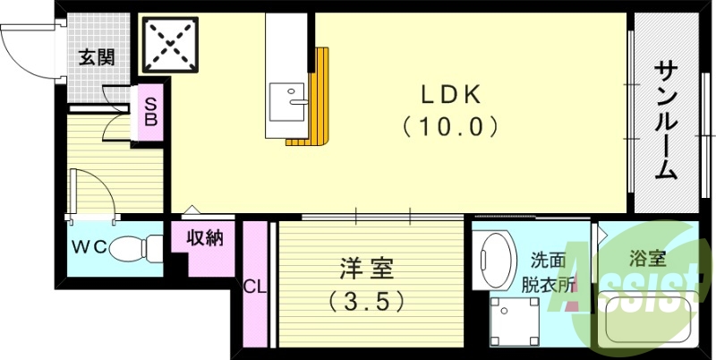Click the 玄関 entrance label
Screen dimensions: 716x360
[97, 58]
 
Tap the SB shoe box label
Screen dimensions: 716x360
[150, 112]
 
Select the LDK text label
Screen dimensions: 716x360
[450, 95]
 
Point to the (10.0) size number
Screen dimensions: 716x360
[450, 127]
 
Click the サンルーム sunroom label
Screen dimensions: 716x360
[666, 121]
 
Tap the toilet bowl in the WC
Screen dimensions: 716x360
[136, 248]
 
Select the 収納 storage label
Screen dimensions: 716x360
[205, 238]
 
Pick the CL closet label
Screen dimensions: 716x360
[255, 287]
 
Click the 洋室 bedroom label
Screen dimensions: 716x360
[366, 269]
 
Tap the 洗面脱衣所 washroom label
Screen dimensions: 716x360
[548, 273]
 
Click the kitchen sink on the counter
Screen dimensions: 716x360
[286, 102]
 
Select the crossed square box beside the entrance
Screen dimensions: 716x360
[170, 45]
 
